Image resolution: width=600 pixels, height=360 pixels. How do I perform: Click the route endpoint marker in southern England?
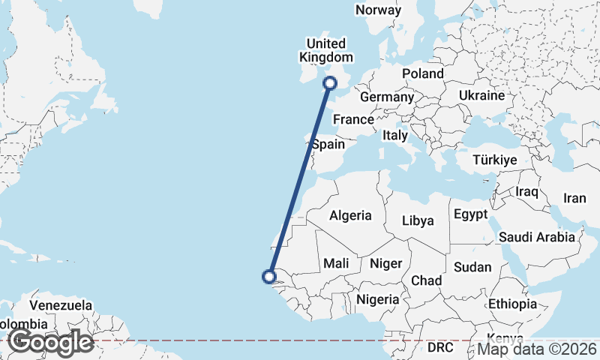coord(331,83)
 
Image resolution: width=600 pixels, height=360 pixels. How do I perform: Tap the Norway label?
coord(378,10)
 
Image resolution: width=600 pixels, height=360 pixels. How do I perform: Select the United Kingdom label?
coord(325,50)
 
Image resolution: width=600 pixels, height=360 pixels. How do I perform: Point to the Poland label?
coord(423,73)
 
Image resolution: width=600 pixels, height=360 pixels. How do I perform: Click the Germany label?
coord(387,97)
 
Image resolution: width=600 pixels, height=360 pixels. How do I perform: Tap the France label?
coord(353,119)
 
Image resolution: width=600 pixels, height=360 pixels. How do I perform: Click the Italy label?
coord(394,136)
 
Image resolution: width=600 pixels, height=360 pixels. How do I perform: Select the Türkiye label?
coord(495,160)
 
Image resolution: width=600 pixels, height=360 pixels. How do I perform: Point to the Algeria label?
coord(350,215)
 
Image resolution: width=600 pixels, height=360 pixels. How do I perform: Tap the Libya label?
coord(418,220)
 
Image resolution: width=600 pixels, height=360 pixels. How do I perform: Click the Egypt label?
coord(471,214)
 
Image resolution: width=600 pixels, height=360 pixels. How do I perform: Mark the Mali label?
coord(335,263)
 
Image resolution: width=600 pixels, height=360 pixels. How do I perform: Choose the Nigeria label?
coord(379,299)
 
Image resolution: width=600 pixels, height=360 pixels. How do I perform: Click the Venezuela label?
coord(61,306)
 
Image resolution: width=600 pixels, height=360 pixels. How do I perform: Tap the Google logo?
coord(51,342)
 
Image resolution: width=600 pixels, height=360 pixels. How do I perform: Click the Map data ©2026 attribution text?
coord(537,349)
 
